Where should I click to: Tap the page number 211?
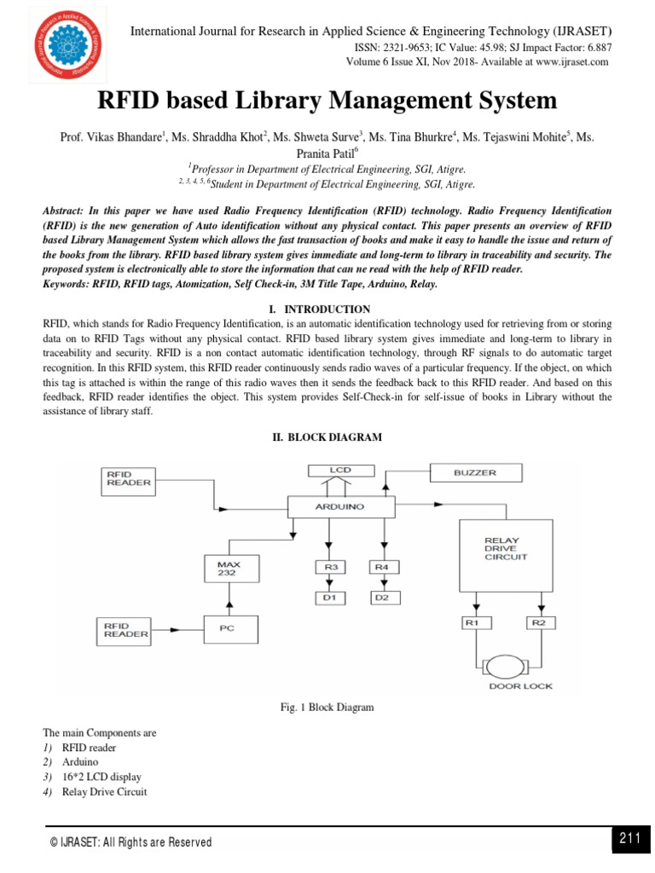tap(629, 839)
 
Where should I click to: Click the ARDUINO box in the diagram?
tap(339, 506)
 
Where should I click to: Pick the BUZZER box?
tap(474, 471)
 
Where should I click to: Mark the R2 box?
tap(537, 623)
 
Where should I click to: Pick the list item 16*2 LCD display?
tap(101, 777)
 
